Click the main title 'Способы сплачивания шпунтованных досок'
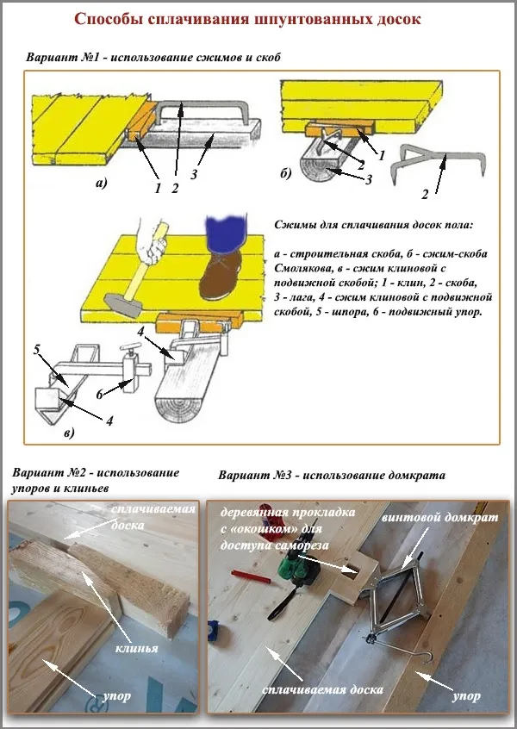tap(258, 19)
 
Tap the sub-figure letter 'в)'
tap(68, 432)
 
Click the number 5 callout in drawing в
tap(36, 349)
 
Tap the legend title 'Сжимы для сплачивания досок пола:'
tap(374, 226)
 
